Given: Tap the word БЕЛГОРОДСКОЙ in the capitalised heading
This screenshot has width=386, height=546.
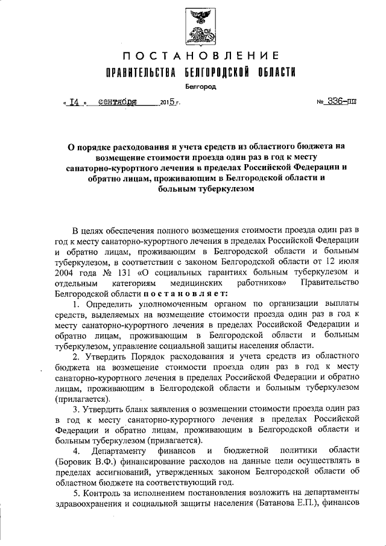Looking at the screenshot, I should click(x=216, y=73).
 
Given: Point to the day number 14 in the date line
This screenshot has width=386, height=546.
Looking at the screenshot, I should click(x=75, y=103).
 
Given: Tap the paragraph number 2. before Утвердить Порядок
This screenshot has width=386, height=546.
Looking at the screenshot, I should click(x=76, y=357).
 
